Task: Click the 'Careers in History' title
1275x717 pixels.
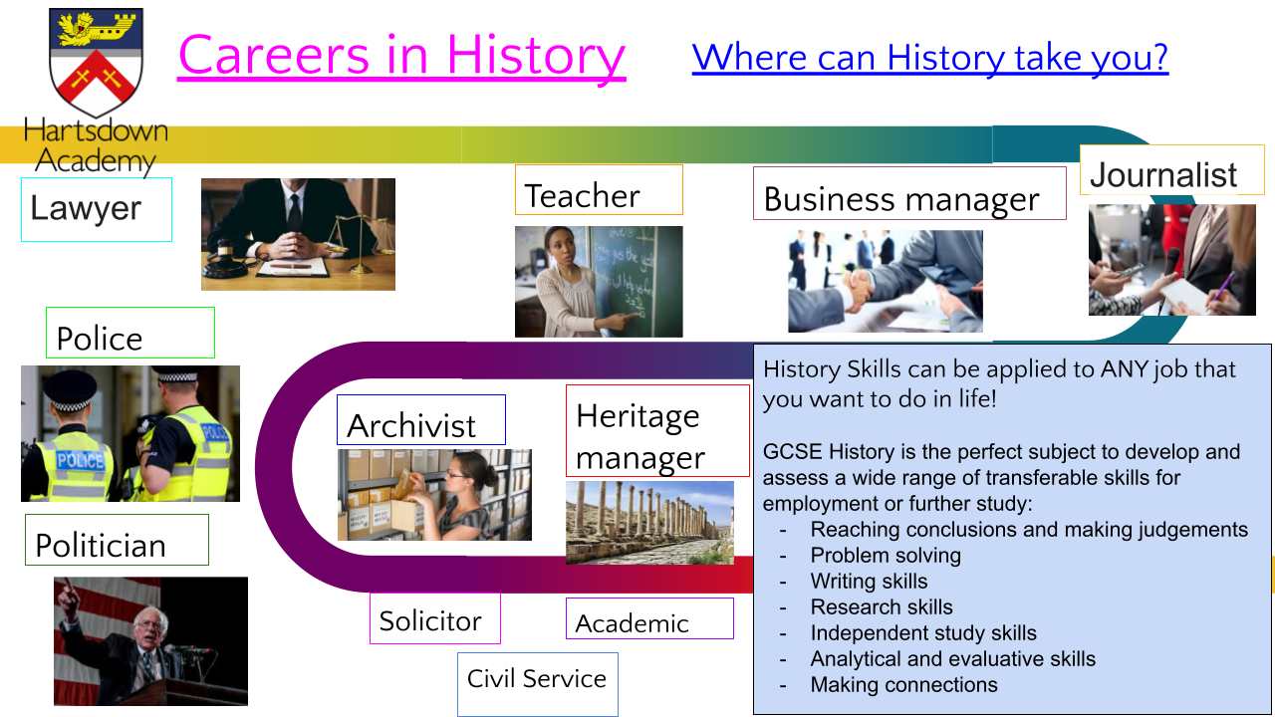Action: coord(401,56)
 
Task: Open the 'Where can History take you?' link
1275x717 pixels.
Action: coord(930,58)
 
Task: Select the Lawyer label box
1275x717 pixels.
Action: coord(97,209)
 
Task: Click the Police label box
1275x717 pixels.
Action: coord(130,333)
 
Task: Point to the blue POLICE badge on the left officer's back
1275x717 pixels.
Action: coord(81,460)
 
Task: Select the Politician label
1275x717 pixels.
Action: coord(117,540)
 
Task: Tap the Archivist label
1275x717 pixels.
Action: coord(421,420)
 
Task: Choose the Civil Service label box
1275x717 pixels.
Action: coord(538,684)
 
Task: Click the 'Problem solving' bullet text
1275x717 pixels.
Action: coord(886,556)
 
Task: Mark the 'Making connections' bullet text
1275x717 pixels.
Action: coord(903,684)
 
